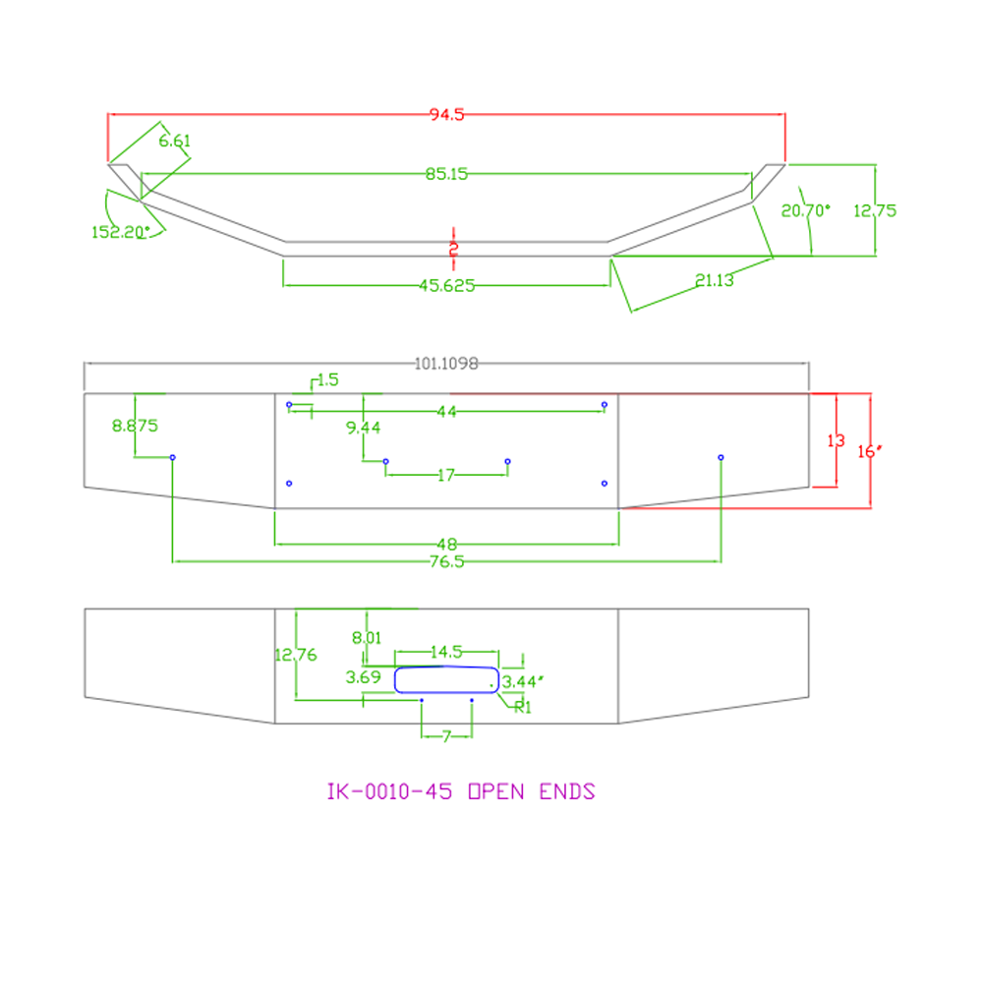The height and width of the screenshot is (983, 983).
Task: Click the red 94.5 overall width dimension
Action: tap(446, 114)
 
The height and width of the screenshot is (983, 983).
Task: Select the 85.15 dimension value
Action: tap(446, 174)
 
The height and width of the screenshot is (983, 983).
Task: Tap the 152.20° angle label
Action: tap(120, 232)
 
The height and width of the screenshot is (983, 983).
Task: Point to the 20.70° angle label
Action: tap(806, 210)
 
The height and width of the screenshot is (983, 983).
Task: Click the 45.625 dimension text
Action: tap(447, 286)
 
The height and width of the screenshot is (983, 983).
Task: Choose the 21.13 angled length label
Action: tap(714, 280)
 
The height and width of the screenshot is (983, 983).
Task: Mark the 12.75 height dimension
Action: tap(875, 210)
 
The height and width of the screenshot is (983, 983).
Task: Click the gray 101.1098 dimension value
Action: tap(446, 364)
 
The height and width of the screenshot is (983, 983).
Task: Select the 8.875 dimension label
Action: tap(135, 426)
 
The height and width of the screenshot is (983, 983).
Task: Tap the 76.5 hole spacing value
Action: tap(447, 561)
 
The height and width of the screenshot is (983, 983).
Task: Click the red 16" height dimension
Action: tap(870, 451)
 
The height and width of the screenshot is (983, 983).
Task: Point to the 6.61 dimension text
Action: tap(174, 141)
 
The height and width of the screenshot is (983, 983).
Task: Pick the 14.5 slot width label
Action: tap(446, 652)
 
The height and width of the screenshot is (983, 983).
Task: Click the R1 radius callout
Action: tap(522, 707)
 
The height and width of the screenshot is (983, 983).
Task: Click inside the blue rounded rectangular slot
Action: tap(446, 679)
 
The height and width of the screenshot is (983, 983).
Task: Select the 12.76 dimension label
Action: tap(296, 655)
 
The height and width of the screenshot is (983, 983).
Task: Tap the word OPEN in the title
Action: tap(496, 791)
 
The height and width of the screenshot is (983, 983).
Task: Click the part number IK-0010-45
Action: tap(389, 791)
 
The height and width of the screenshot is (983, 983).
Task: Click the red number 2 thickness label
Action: tap(454, 249)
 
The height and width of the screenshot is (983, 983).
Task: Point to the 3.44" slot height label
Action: tap(522, 681)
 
